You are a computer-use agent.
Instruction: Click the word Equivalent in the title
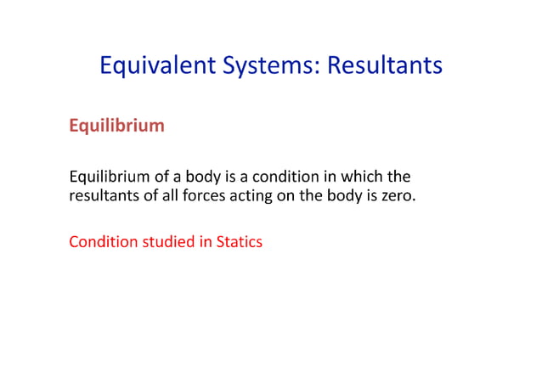150,65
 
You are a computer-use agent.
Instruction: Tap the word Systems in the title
261,65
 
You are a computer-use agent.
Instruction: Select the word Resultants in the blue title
385,65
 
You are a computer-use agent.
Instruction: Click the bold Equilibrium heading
116,127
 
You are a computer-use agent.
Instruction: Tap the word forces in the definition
222,198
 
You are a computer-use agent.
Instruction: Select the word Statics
240,242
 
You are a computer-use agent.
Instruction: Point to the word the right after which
399,177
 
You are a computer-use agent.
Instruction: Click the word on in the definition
301,198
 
